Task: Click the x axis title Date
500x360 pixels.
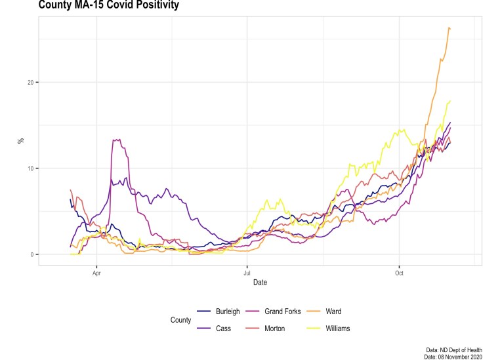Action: click(260, 283)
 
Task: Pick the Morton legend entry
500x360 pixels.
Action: click(275, 329)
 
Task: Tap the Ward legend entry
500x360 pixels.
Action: click(333, 311)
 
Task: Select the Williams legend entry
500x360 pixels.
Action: click(338, 329)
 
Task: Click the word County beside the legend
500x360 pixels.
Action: click(180, 320)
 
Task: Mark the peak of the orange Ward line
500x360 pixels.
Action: click(449, 28)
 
